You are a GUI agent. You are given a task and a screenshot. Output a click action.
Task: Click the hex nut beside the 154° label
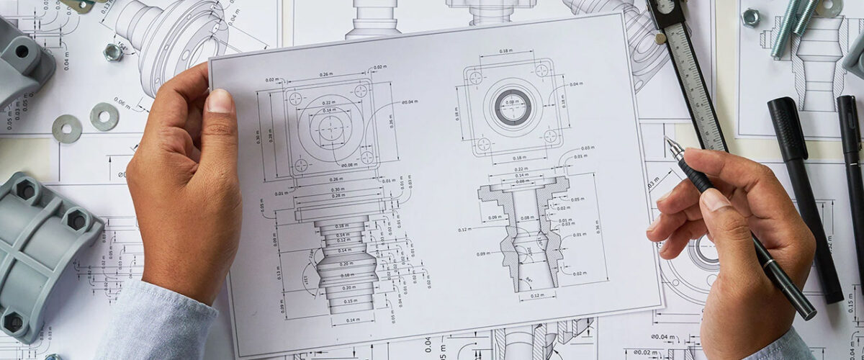pyautogui.click(x=113, y=52)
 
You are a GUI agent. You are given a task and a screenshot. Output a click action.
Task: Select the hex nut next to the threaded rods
pyautogui.click(x=750, y=17)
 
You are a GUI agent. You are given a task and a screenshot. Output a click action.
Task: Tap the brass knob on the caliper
pyautogui.click(x=660, y=38)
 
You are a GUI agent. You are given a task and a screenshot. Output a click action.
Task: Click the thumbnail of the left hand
pyautogui.click(x=220, y=100)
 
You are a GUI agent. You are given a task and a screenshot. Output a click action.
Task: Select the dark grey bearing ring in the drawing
pyautogui.click(x=512, y=107)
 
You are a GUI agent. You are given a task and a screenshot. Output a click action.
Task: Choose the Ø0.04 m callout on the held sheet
pyautogui.click(x=409, y=102)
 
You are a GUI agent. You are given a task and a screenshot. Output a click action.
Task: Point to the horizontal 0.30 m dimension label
pyautogui.click(x=338, y=189)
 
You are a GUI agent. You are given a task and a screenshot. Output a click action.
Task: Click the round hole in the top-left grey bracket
pyautogui.click(x=22, y=51)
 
